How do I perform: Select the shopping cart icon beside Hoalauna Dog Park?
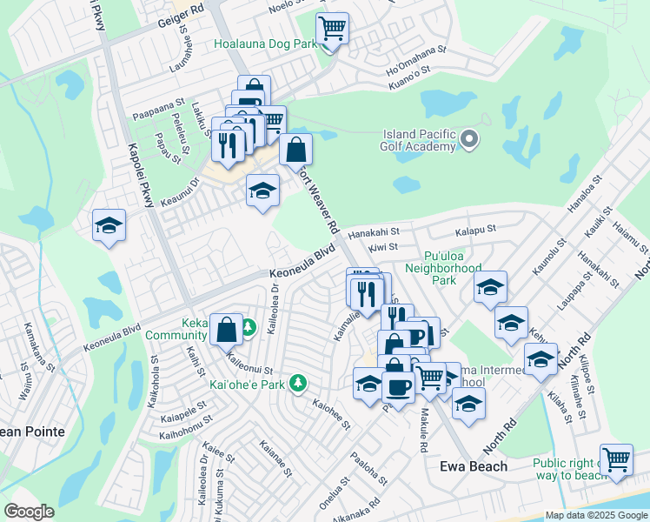coord(331,29)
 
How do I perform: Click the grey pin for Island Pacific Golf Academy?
coord(470,139)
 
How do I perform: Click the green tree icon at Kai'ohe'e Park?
coord(298,383)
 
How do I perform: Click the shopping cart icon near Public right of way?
coord(616,458)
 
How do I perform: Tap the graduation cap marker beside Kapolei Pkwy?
coord(109,225)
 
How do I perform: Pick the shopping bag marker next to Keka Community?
coord(226,329)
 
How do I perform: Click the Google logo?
coord(29,512)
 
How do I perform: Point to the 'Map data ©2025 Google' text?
coord(596,515)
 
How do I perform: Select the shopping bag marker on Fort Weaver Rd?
coord(295,149)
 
